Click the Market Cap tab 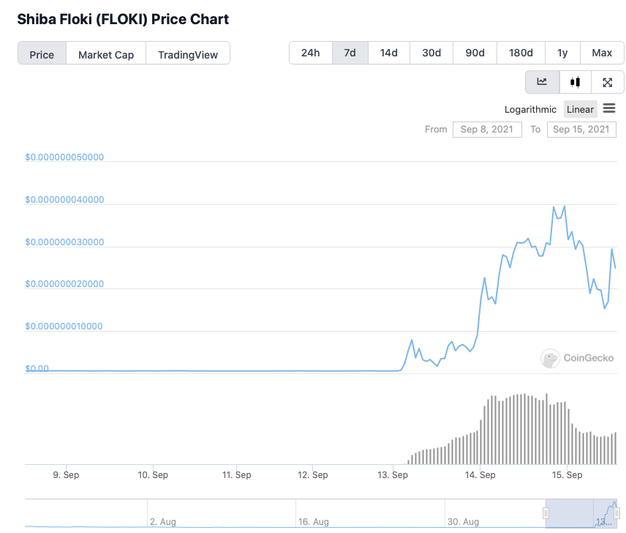pos(106,54)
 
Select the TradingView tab pos(188,54)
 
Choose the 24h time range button pos(310,53)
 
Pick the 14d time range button pos(388,53)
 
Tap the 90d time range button pos(475,53)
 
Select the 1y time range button pos(562,53)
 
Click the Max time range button pos(602,53)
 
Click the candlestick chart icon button pos(576,82)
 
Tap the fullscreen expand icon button pos(607,82)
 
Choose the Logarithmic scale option pos(530,109)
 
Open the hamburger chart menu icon pos(609,108)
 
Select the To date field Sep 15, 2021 pos(581,130)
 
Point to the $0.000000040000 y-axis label pos(64,199)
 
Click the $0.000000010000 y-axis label pos(64,326)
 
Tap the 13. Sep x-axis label pos(393,475)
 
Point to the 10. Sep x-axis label pos(153,475)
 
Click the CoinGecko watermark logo pos(577,358)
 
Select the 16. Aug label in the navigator pos(312,522)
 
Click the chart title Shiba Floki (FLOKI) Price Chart pos(123,19)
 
